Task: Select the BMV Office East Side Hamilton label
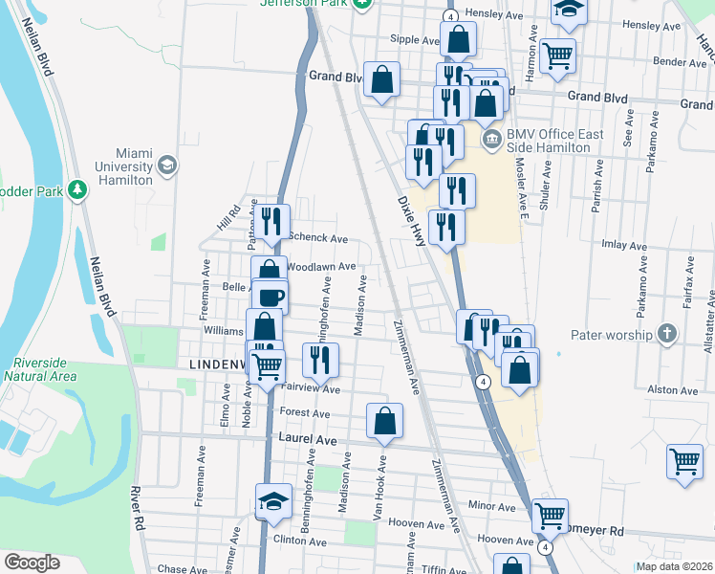pyautogui.click(x=556, y=141)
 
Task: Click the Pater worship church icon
pyautogui.click(x=667, y=335)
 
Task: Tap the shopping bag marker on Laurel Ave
pyautogui.click(x=384, y=421)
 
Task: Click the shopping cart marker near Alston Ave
pyautogui.click(x=685, y=461)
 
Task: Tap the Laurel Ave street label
pyautogui.click(x=308, y=438)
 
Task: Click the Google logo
pyautogui.click(x=32, y=563)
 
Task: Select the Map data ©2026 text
pyautogui.click(x=675, y=566)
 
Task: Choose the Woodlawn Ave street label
pyautogui.click(x=320, y=267)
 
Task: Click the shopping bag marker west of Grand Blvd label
pyautogui.click(x=381, y=81)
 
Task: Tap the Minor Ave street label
pyautogui.click(x=492, y=504)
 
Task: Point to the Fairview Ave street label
pyautogui.click(x=311, y=389)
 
